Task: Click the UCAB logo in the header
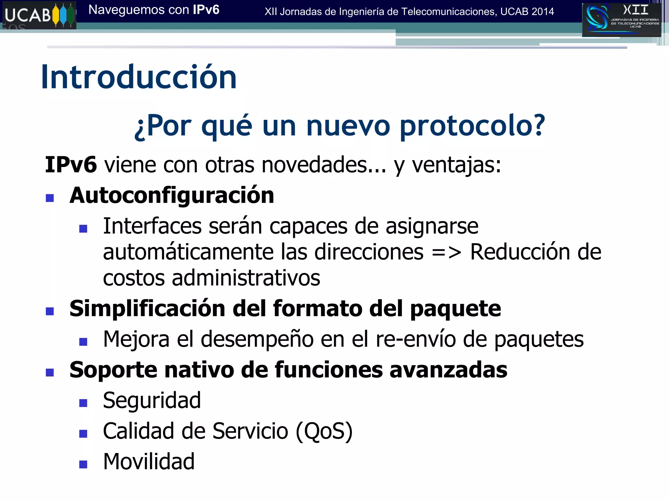pyautogui.click(x=39, y=15)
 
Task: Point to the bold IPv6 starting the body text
pyautogui.click(x=71, y=164)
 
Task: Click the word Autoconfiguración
pyautogui.click(x=172, y=195)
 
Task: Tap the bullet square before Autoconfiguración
pyautogui.click(x=50, y=198)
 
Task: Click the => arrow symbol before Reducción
pyautogui.click(x=447, y=252)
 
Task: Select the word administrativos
pyautogui.click(x=246, y=278)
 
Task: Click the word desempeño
pyautogui.click(x=257, y=339)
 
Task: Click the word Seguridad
pyautogui.click(x=152, y=400)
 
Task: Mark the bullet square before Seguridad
pyautogui.click(x=83, y=403)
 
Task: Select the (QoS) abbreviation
pyautogui.click(x=324, y=431)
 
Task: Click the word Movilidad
pyautogui.click(x=149, y=461)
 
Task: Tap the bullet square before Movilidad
pyautogui.click(x=83, y=464)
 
